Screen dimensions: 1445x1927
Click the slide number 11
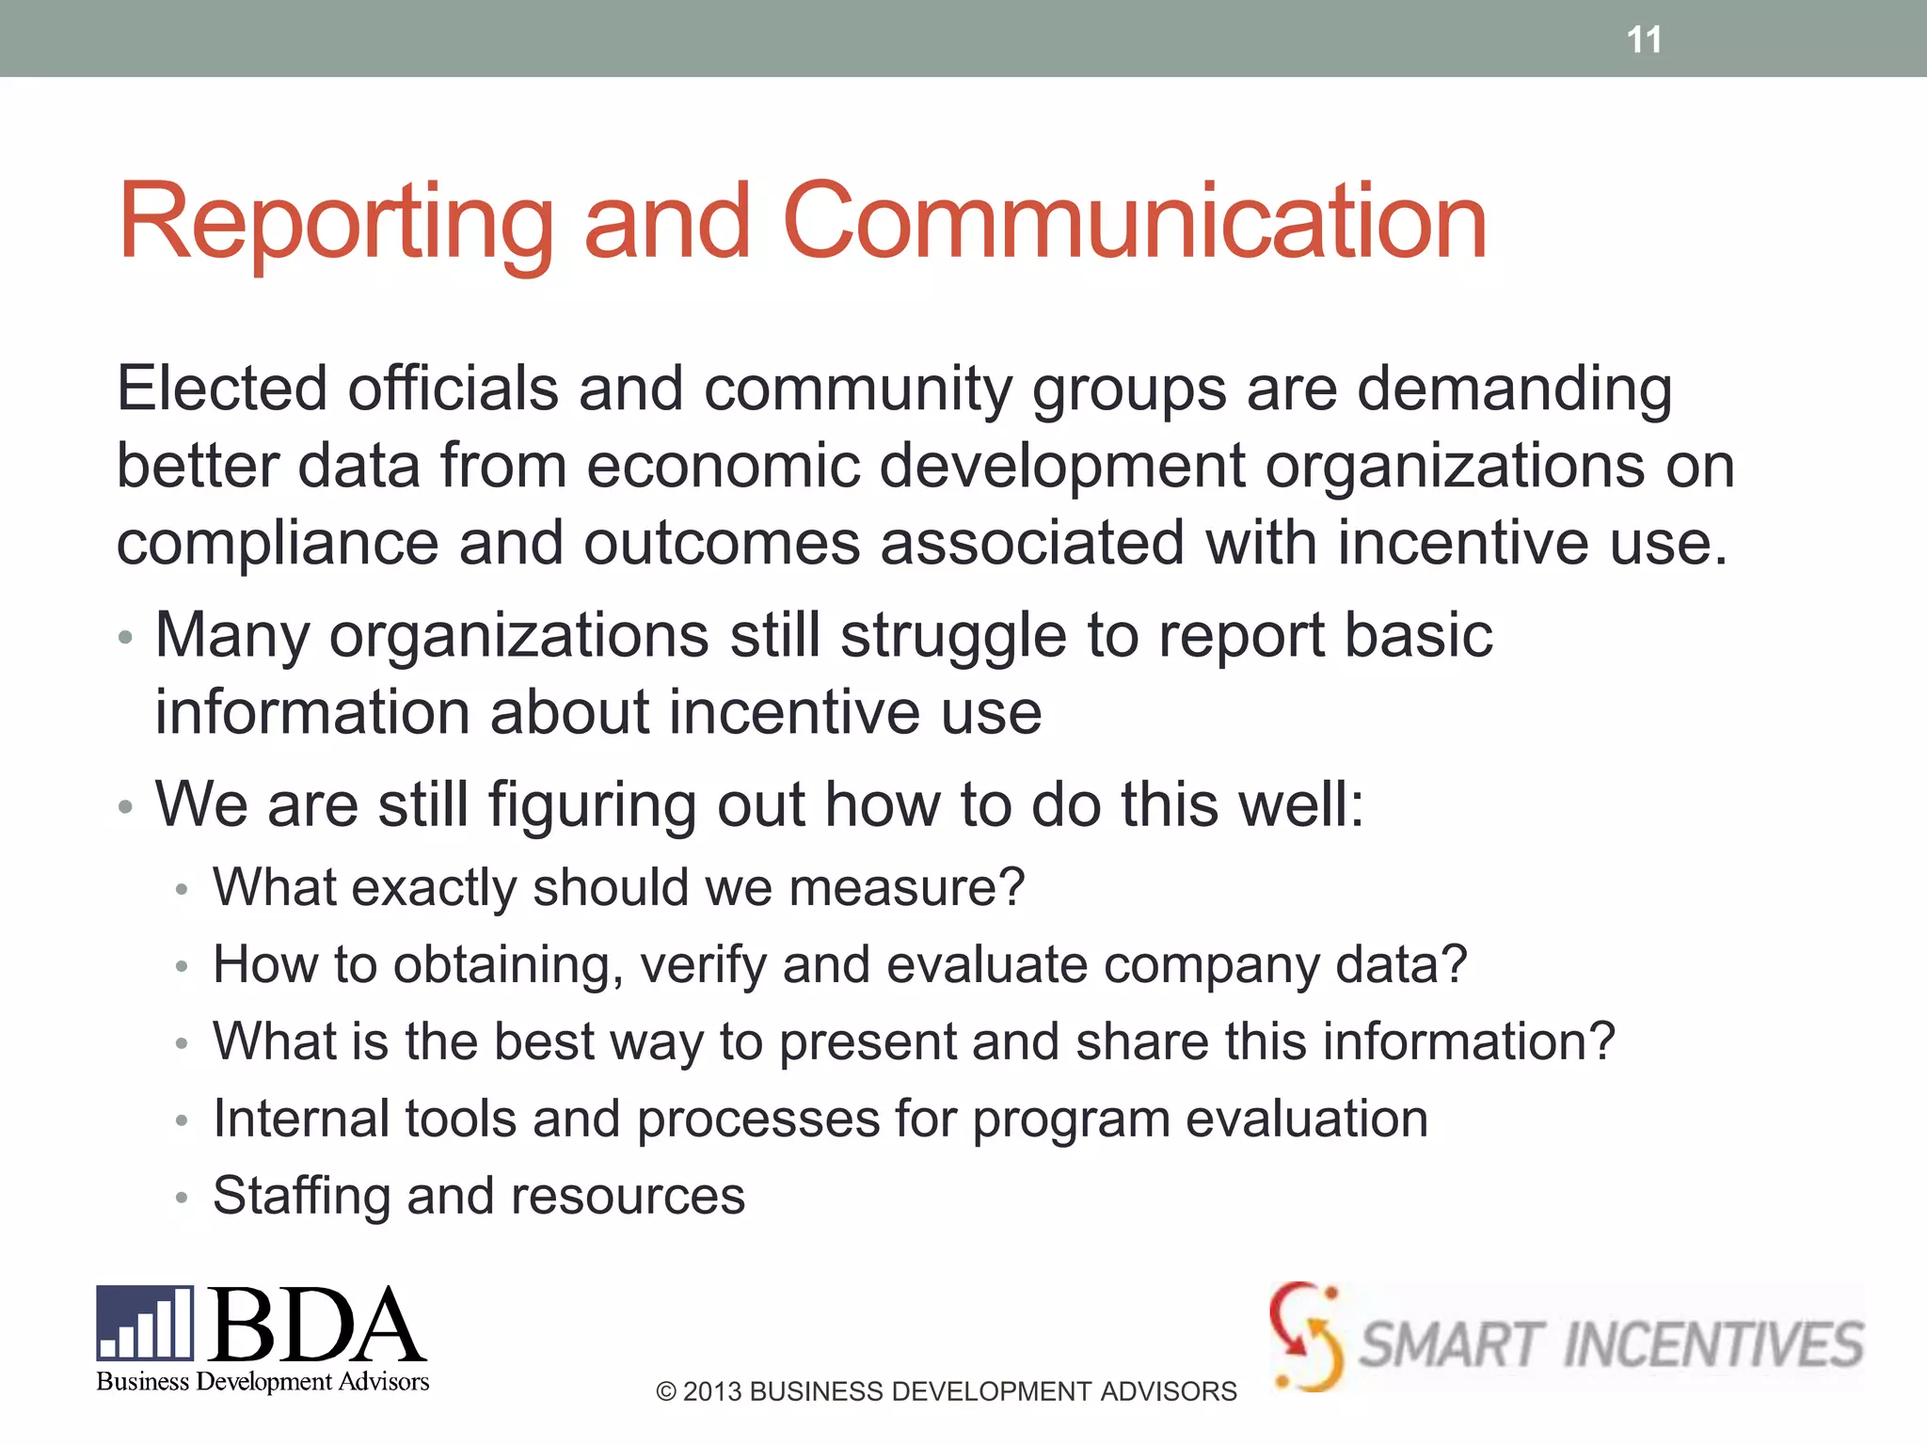[x=1644, y=40]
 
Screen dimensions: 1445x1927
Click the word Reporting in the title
[x=335, y=222]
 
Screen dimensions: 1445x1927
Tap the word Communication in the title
[x=1134, y=222]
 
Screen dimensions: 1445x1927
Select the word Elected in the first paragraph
[x=222, y=388]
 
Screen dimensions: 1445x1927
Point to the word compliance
[x=278, y=544]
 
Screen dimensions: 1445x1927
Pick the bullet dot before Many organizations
[x=126, y=638]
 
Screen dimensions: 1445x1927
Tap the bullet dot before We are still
[x=126, y=807]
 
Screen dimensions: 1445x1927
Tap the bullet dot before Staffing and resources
[x=182, y=1198]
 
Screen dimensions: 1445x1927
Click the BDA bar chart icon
[x=145, y=1323]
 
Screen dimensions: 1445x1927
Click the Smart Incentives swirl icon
[x=1305, y=1336]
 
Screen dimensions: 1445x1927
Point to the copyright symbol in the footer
[x=666, y=1391]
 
